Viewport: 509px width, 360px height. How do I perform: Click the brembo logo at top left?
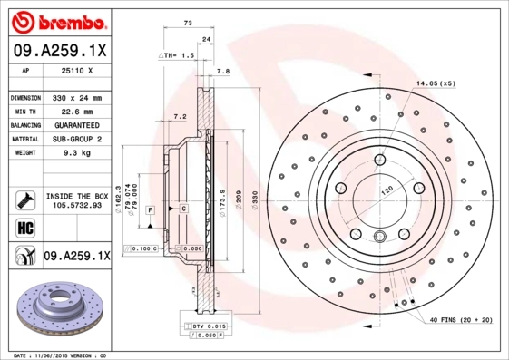[56, 20]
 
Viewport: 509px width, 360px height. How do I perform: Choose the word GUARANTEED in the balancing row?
[74, 125]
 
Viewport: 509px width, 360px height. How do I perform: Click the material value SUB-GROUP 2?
[74, 139]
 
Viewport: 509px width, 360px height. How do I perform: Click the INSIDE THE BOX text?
[76, 196]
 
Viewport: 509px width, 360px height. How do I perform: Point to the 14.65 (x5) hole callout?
[436, 83]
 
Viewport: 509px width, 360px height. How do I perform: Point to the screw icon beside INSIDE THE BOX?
[24, 199]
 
